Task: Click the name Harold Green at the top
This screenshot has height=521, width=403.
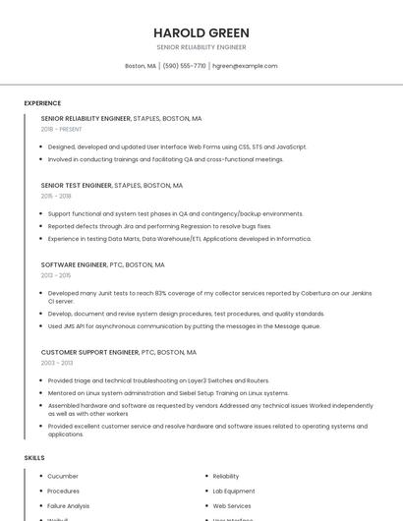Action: click(x=201, y=32)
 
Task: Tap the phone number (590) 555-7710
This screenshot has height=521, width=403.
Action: click(x=184, y=66)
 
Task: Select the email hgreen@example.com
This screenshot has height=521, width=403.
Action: click(x=245, y=66)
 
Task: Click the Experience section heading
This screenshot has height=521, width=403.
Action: click(x=42, y=103)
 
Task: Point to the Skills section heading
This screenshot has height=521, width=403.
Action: click(x=34, y=458)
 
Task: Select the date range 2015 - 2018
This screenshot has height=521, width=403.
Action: click(x=56, y=196)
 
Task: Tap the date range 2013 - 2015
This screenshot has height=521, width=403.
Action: click(x=56, y=275)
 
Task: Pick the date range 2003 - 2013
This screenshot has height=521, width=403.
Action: click(x=57, y=363)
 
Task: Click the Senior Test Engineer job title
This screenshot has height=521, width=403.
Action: click(x=77, y=185)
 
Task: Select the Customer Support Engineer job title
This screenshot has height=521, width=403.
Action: click(x=90, y=352)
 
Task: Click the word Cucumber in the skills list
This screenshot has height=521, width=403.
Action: click(x=63, y=476)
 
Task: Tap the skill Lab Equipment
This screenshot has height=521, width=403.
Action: click(x=234, y=491)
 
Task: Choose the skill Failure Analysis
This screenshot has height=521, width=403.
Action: click(x=69, y=505)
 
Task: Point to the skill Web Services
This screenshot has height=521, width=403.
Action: click(x=232, y=505)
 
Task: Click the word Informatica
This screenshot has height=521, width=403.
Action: click(x=293, y=239)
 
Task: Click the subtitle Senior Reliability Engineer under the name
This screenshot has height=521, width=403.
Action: click(x=201, y=47)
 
